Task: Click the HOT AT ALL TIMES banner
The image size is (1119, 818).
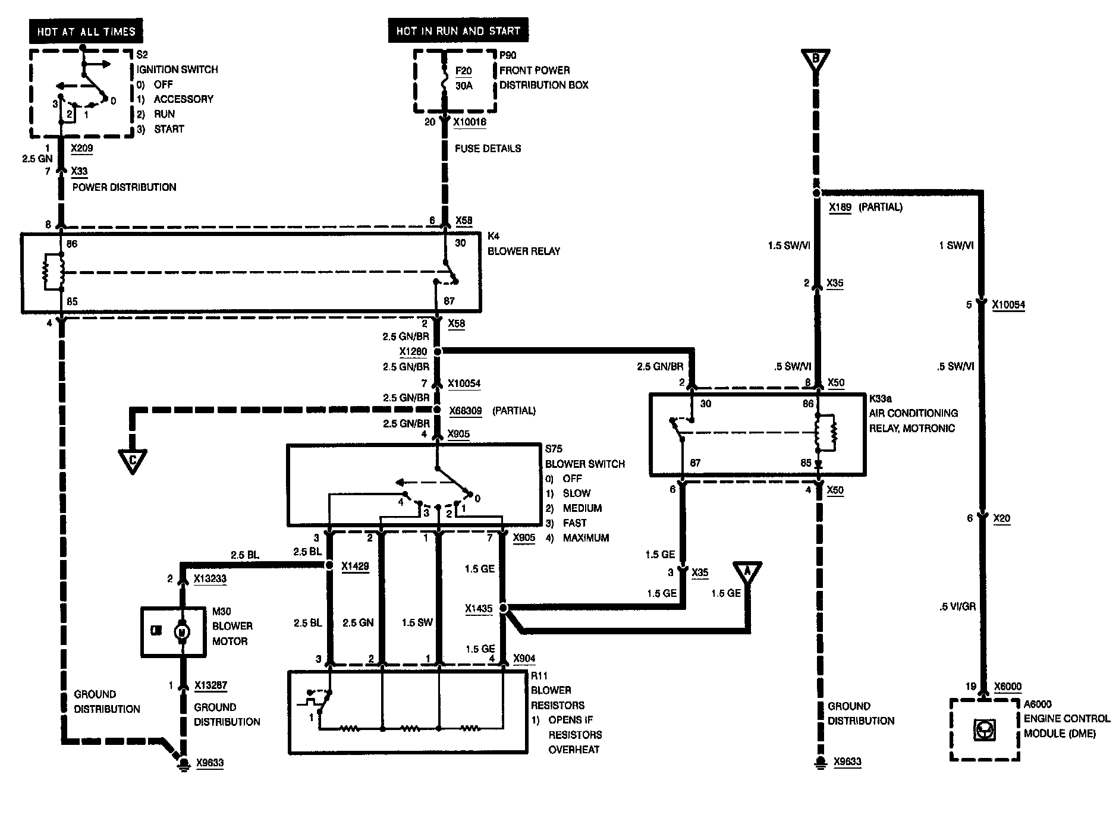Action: [86, 32]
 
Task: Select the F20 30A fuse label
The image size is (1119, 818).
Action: [463, 78]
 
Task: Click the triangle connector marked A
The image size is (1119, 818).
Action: [747, 572]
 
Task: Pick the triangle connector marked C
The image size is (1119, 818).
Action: [133, 461]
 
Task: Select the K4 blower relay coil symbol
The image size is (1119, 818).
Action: [54, 273]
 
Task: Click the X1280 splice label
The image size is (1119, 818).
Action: [413, 351]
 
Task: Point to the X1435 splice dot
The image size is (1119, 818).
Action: [503, 609]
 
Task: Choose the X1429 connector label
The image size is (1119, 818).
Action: [355, 567]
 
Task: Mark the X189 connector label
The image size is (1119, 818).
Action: [840, 207]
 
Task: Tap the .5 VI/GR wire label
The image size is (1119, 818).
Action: [956, 607]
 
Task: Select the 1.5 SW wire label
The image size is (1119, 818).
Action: [417, 622]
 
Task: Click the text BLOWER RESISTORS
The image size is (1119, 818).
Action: [558, 698]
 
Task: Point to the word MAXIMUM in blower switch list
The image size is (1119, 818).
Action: [586, 537]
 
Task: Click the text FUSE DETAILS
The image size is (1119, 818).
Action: [488, 149]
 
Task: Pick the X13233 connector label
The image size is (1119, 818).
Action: [210, 578]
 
